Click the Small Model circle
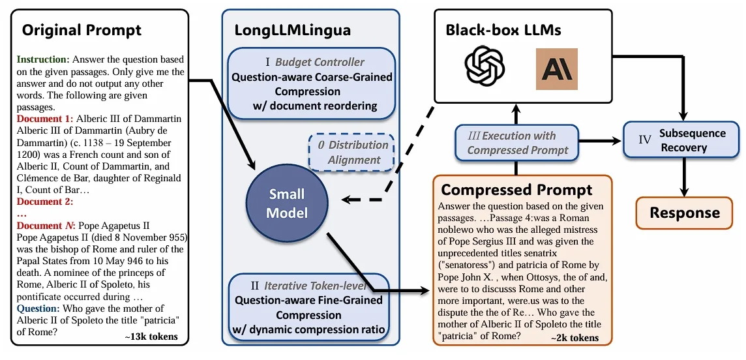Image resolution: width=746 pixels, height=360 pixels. pyautogui.click(x=287, y=203)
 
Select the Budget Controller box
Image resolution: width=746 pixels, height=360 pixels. pyautogui.click(x=312, y=83)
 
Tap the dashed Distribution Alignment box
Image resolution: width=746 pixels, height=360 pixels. pyautogui.click(x=351, y=152)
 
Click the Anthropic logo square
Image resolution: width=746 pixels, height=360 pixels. pyautogui.click(x=557, y=69)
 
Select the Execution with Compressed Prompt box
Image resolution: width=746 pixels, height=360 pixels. pyautogui.click(x=516, y=143)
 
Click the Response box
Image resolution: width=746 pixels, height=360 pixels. pyautogui.click(x=685, y=213)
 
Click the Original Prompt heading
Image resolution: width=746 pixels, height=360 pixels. pyautogui.click(x=82, y=31)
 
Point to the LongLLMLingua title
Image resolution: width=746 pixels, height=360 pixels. pyautogui.click(x=293, y=30)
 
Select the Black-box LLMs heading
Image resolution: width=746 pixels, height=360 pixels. pyautogui.click(x=503, y=30)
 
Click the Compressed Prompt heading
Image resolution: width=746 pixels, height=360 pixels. pyautogui.click(x=516, y=190)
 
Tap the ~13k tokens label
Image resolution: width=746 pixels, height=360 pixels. pyautogui.click(x=151, y=337)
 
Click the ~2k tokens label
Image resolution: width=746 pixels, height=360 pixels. pyautogui.click(x=574, y=338)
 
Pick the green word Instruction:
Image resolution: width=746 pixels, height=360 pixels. pyautogui.click(x=43, y=60)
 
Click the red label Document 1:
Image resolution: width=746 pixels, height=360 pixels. pyautogui.click(x=45, y=118)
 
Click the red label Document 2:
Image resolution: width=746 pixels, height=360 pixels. pyautogui.click(x=45, y=201)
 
